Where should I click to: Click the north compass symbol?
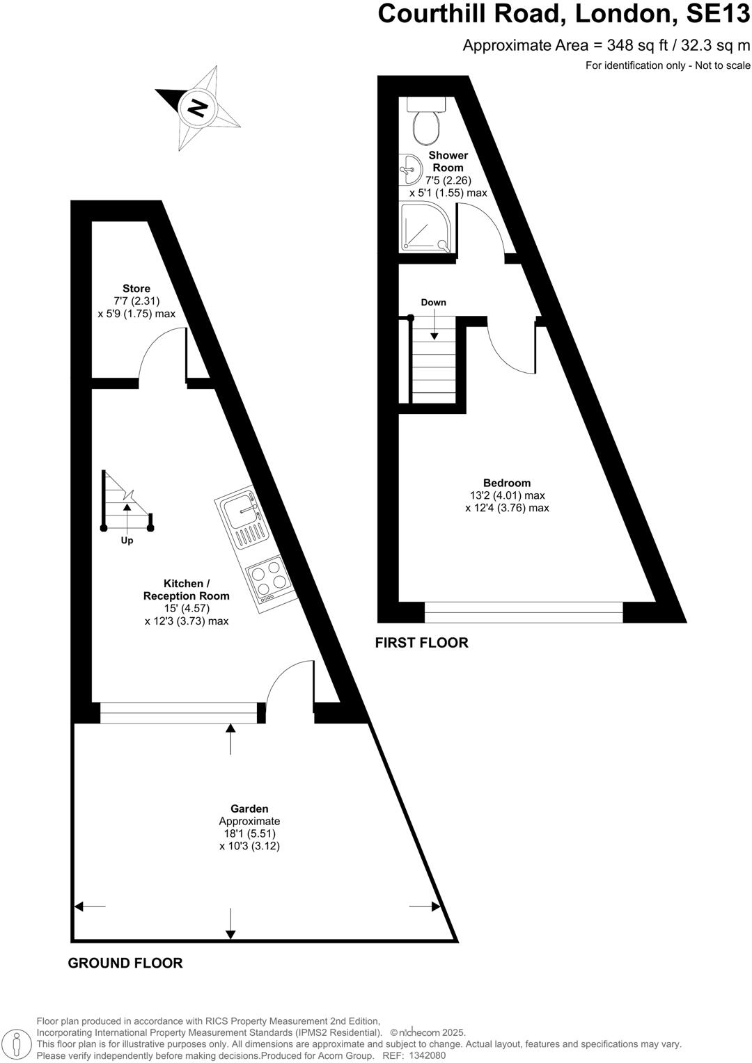tap(198, 108)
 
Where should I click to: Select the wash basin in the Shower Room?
tap(410, 168)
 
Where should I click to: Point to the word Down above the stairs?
tap(433, 302)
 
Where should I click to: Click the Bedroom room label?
tap(507, 483)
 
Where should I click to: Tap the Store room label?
tap(136, 289)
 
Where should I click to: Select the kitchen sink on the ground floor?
tap(243, 519)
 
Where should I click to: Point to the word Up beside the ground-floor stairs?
tap(127, 541)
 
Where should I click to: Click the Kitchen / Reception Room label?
tap(186, 590)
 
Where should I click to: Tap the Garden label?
tap(249, 808)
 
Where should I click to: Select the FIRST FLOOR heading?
tap(421, 643)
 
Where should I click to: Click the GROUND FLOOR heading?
tap(125, 963)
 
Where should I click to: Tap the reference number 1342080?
tap(428, 1055)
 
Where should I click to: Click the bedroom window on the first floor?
tap(524, 612)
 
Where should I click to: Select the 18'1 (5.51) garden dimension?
tap(249, 833)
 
